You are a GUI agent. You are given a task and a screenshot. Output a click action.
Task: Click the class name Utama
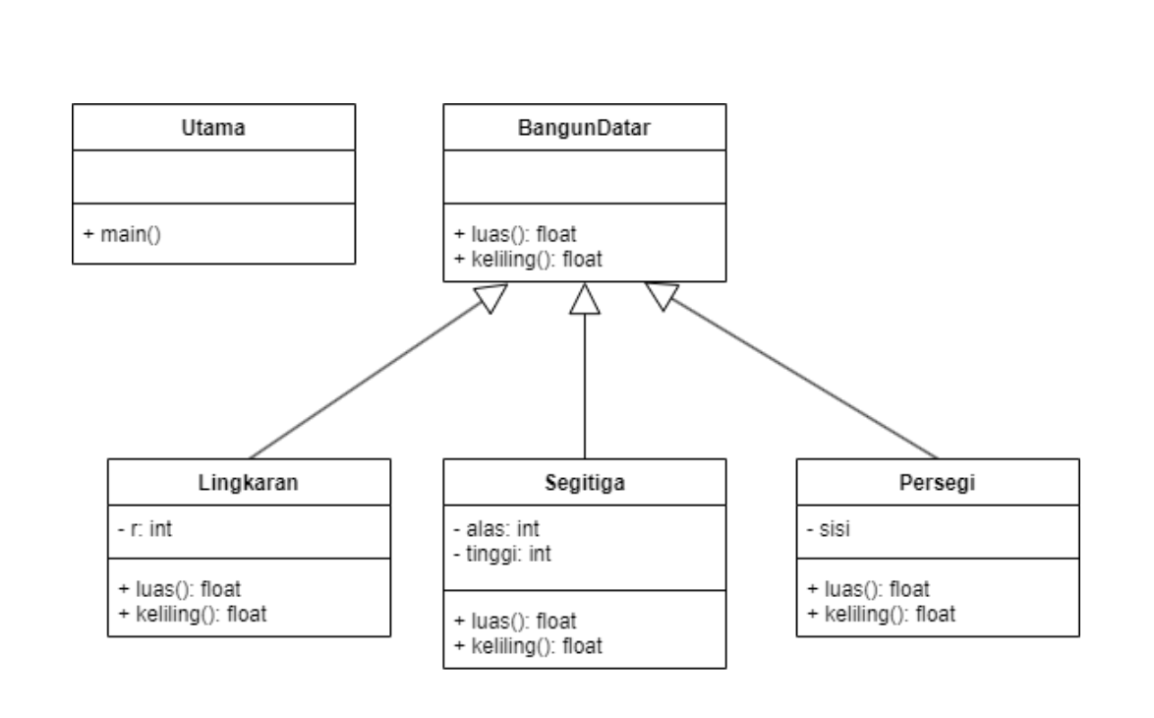point(213,127)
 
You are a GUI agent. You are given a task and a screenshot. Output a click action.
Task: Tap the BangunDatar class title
point(585,127)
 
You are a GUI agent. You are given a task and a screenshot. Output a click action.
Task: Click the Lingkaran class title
point(249,482)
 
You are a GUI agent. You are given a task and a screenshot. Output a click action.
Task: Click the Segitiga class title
point(585,482)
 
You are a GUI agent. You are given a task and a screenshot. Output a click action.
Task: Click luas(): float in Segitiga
point(515,622)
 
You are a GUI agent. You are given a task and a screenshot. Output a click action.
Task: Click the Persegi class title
point(938,482)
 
